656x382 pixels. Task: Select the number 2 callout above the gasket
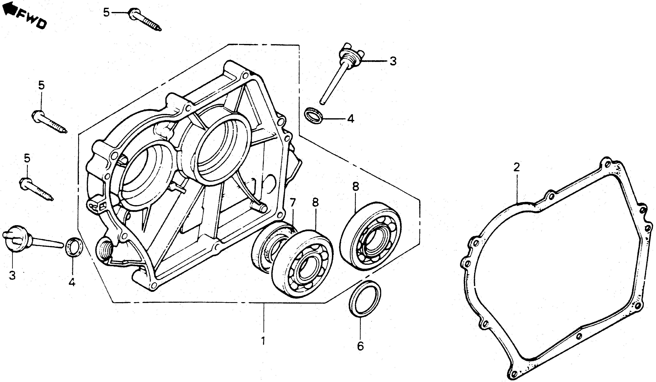pyautogui.click(x=516, y=167)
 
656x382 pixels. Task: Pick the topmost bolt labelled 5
pyautogui.click(x=145, y=20)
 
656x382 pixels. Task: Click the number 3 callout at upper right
pyautogui.click(x=393, y=61)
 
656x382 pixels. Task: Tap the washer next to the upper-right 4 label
pyautogui.click(x=314, y=115)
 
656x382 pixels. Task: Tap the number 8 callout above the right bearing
pyautogui.click(x=356, y=187)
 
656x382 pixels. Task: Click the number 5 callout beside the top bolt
pyautogui.click(x=106, y=13)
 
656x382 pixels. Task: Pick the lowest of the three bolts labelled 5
pyautogui.click(x=36, y=189)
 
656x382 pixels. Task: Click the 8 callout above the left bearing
pyautogui.click(x=315, y=202)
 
